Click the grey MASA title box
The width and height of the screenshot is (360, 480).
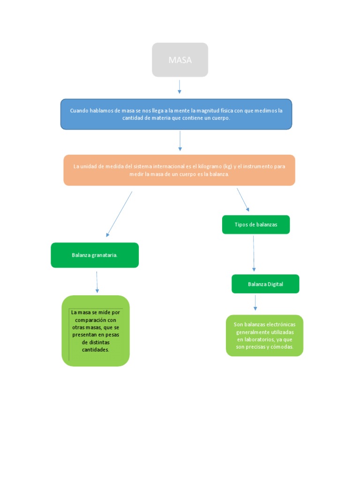[x=180, y=60]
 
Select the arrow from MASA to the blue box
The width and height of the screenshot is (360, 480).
[x=180, y=86]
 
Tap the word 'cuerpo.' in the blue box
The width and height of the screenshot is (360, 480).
[x=219, y=118]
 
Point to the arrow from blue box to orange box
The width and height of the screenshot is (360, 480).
[x=180, y=141]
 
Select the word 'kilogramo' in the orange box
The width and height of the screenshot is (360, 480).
[x=210, y=166]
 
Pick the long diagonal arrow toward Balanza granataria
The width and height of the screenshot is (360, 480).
[x=119, y=214]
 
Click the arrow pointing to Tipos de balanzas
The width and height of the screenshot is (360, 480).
[x=243, y=200]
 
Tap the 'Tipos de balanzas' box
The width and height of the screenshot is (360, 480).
[x=256, y=225]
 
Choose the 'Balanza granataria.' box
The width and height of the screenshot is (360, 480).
[x=95, y=255]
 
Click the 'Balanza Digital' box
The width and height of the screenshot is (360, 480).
[x=265, y=284]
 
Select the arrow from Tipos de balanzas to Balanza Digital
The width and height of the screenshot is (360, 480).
[x=254, y=253]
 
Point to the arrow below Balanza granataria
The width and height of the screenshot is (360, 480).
[x=97, y=282]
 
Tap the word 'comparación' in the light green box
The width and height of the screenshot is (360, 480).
[x=95, y=320]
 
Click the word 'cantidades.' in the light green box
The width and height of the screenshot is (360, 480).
[x=95, y=350]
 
